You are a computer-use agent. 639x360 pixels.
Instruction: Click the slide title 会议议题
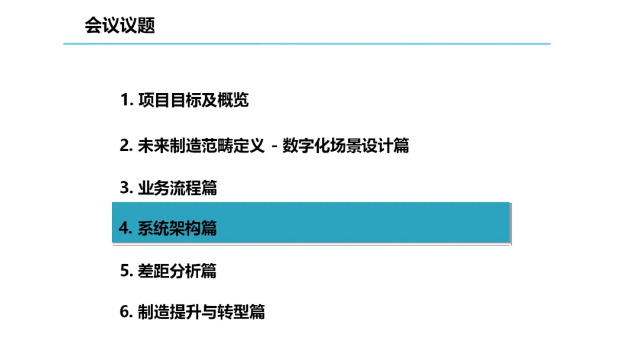pos(120,26)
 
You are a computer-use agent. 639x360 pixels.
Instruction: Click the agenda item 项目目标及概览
pos(193,100)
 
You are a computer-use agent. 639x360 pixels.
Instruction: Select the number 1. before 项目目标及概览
pos(127,100)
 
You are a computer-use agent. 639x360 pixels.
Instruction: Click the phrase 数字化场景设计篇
pos(346,146)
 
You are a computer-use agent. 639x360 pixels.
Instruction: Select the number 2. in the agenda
pos(127,146)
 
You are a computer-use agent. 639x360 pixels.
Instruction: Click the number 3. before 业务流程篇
pos(127,188)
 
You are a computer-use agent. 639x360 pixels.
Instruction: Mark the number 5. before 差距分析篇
pos(127,271)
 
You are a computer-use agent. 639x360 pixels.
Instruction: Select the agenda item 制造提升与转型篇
pos(201,311)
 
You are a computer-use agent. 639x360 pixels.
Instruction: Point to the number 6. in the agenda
pos(127,311)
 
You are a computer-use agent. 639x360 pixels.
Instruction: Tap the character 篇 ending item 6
pos(257,311)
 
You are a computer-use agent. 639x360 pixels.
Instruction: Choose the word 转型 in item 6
pos(233,311)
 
